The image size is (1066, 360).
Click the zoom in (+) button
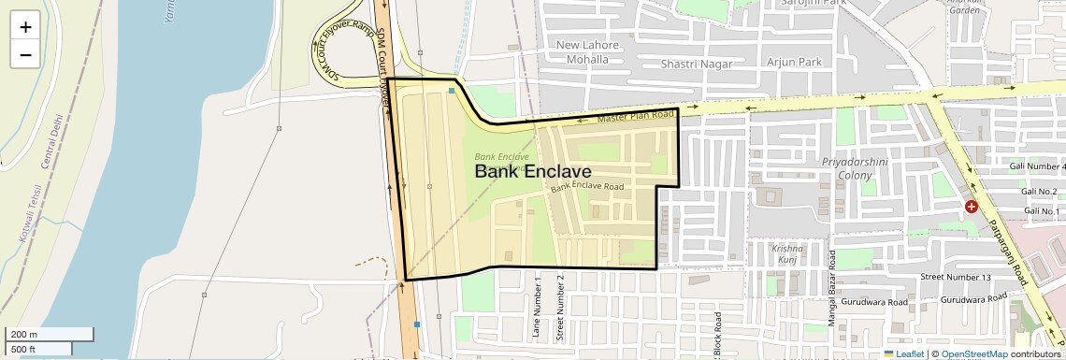(25, 27)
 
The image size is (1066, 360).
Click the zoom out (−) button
(25, 55)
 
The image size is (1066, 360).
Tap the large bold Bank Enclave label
(533, 172)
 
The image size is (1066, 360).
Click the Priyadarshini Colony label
(846, 168)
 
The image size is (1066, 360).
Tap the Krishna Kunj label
(787, 254)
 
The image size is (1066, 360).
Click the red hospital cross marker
(972, 205)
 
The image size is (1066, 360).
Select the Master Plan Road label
(636, 117)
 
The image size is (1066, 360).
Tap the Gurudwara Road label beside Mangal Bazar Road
(872, 302)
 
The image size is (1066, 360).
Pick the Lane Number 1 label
(538, 307)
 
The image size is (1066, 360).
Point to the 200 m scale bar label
(25, 335)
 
